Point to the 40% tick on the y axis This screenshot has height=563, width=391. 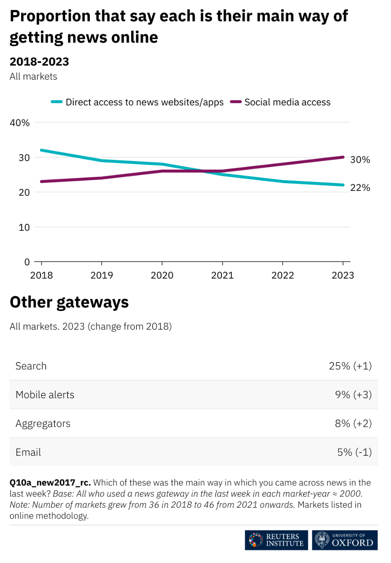click(x=20, y=123)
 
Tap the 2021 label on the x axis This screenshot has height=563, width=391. click(x=222, y=275)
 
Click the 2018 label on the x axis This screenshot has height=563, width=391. click(x=41, y=275)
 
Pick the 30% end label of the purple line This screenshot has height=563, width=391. click(x=360, y=160)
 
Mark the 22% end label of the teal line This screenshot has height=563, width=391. click(x=360, y=188)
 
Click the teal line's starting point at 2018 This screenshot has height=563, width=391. click(x=41, y=150)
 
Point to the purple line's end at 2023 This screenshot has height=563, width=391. click(x=343, y=157)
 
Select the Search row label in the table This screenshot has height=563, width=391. click(x=31, y=366)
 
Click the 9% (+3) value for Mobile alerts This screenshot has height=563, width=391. click(x=353, y=395)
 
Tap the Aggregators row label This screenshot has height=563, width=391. click(x=43, y=424)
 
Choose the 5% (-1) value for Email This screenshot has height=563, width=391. click(x=354, y=452)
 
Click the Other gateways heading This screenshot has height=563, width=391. click(x=69, y=302)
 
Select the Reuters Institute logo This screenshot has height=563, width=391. click(x=276, y=540)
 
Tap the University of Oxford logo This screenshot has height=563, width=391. click(x=345, y=540)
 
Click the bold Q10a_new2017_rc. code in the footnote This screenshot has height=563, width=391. click(x=50, y=483)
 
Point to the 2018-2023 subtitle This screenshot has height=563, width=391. click(x=39, y=62)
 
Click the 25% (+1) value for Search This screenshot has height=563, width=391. click(x=350, y=366)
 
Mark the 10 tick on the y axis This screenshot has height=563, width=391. click(x=24, y=227)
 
